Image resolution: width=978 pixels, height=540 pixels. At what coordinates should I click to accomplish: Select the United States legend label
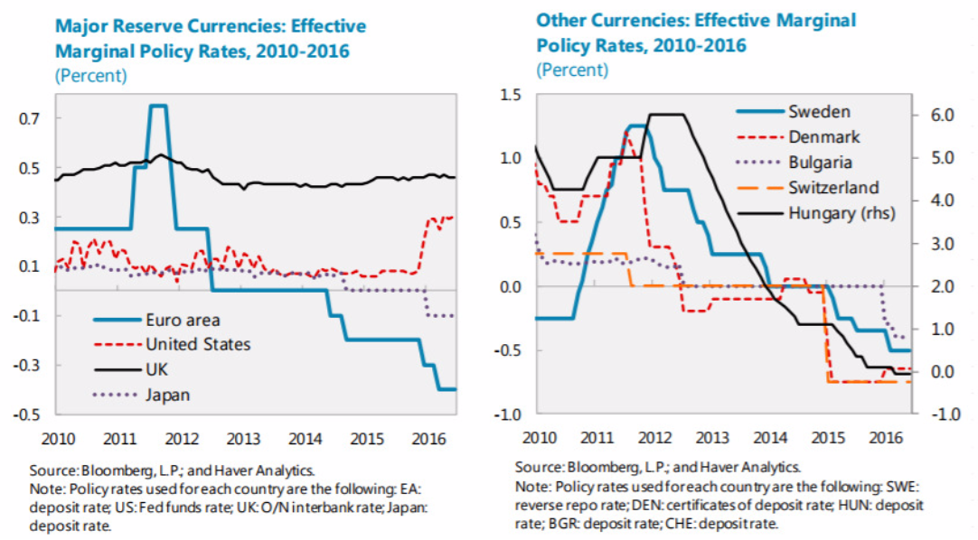point(198,344)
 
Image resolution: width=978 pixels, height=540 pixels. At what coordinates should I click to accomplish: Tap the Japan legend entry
point(170,394)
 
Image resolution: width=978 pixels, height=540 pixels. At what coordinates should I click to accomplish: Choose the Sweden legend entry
point(819,112)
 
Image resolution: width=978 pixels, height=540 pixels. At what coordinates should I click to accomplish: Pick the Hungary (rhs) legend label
point(847,214)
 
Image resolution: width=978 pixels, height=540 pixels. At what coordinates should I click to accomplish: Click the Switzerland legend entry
point(833,188)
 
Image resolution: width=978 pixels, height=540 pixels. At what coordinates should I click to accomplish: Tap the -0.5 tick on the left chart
point(29,414)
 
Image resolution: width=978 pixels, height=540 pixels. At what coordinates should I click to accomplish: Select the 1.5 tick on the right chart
point(511,94)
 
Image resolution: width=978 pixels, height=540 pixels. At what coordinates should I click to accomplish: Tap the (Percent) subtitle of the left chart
point(91,75)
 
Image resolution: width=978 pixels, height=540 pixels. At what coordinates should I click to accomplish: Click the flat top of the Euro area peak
point(157,106)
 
